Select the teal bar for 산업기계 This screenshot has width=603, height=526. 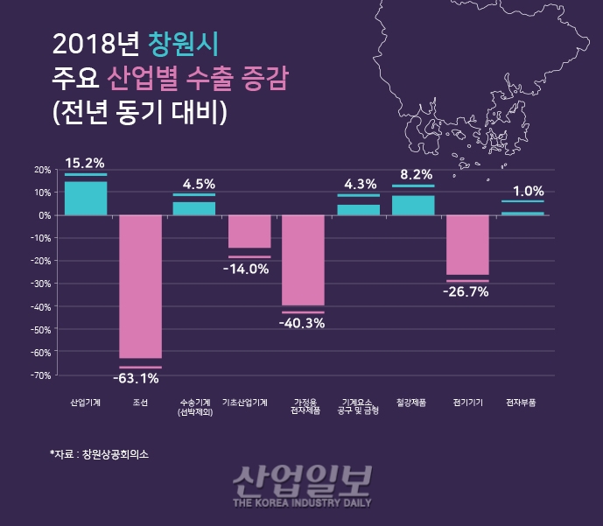pos(86,198)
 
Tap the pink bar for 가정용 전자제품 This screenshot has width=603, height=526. pos(303,260)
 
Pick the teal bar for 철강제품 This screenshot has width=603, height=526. pos(413,205)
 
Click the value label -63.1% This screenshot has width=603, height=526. pos(137,379)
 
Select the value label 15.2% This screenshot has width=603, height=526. pos(85,162)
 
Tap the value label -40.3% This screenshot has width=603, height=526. pos(301,323)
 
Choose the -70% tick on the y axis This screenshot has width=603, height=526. pos(40,375)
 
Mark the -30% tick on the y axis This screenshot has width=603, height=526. pos(40,284)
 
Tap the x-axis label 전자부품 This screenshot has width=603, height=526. pos(522,402)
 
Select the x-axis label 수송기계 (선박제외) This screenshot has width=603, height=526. pos(194,406)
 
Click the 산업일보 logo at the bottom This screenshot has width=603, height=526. pos(302,485)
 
